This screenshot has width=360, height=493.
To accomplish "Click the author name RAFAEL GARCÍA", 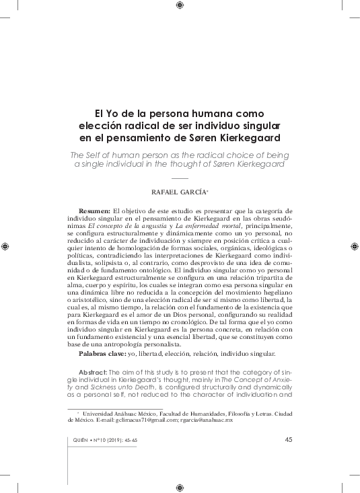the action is (180, 192).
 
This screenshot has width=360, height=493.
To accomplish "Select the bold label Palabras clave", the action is (102, 353).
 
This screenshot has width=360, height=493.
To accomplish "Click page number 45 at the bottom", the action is (288, 440).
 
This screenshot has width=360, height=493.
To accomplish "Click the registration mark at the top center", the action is (179, 6).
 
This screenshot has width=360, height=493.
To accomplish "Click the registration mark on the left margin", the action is (5, 246).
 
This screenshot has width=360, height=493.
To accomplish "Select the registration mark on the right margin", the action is (354, 246).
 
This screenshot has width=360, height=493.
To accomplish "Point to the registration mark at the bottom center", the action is (179, 486).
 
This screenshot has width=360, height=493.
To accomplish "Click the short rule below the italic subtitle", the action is (180, 178).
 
